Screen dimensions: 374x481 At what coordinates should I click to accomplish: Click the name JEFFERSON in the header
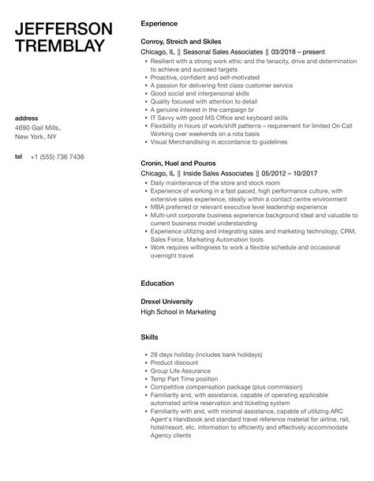pos(64,29)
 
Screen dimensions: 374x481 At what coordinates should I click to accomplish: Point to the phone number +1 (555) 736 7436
pos(57,156)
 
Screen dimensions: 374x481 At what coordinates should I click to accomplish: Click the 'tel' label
pos(19,156)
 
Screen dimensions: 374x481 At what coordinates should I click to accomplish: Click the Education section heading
pos(157,282)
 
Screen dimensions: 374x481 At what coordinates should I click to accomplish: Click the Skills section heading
pos(150,336)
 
